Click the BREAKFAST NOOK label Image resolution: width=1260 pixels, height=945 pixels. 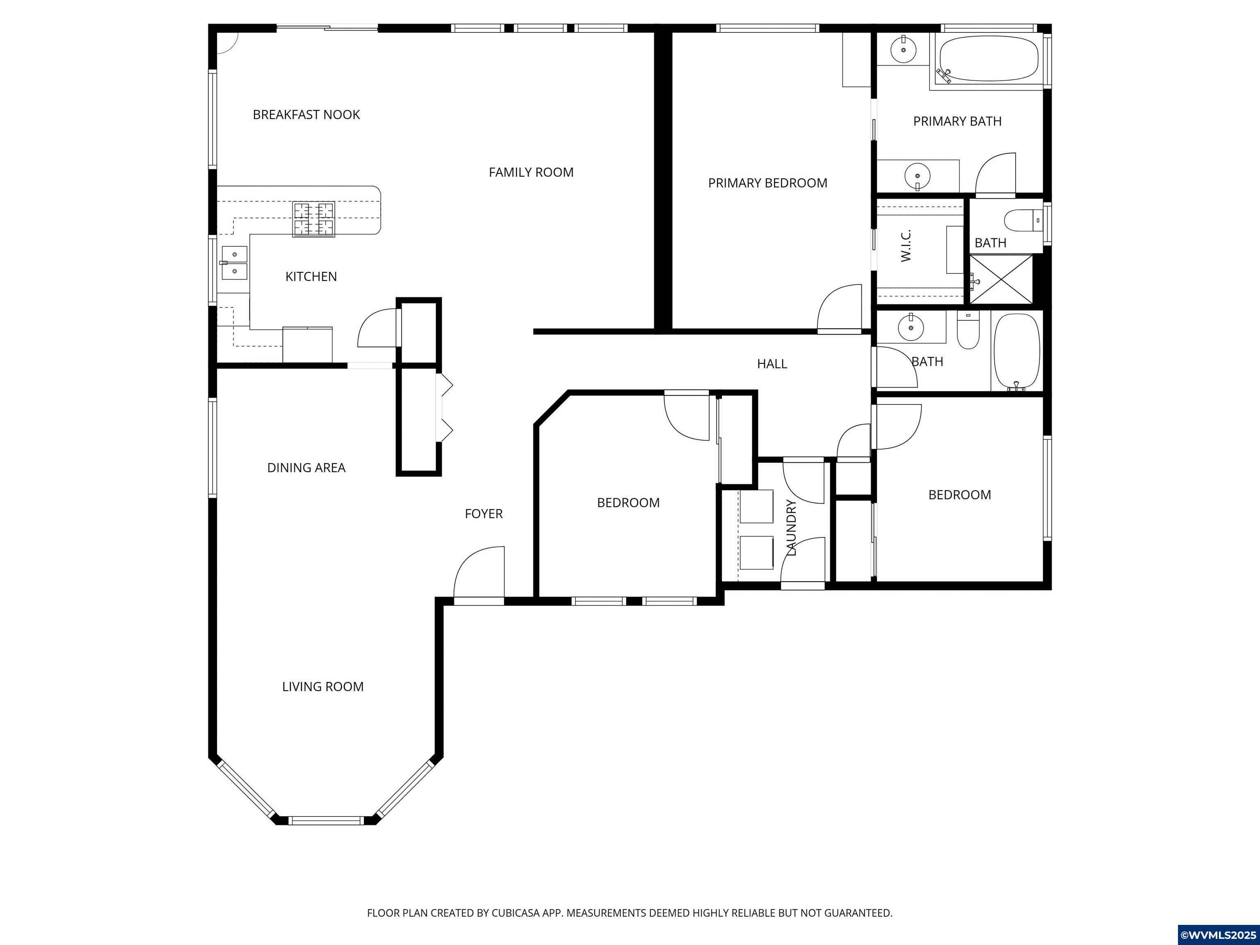pyautogui.click(x=306, y=114)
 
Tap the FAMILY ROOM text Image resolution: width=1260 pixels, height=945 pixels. pyautogui.click(x=531, y=172)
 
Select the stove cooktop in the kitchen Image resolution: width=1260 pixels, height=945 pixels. pyautogui.click(x=314, y=219)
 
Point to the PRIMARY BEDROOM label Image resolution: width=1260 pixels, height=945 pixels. pyautogui.click(x=767, y=183)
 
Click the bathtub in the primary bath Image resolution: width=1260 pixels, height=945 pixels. pyautogui.click(x=988, y=59)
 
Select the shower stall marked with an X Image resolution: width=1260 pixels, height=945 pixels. pyautogui.click(x=1001, y=279)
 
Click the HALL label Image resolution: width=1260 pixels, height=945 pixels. pyautogui.click(x=772, y=364)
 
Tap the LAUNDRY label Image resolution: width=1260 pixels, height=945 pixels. pyautogui.click(x=791, y=527)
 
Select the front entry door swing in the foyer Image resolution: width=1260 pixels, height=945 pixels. pyautogui.click(x=479, y=573)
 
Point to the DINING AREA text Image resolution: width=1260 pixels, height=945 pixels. pyautogui.click(x=306, y=468)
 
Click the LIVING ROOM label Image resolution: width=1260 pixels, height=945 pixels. pyautogui.click(x=322, y=686)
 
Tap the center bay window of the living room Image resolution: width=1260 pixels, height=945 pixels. pyautogui.click(x=325, y=820)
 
